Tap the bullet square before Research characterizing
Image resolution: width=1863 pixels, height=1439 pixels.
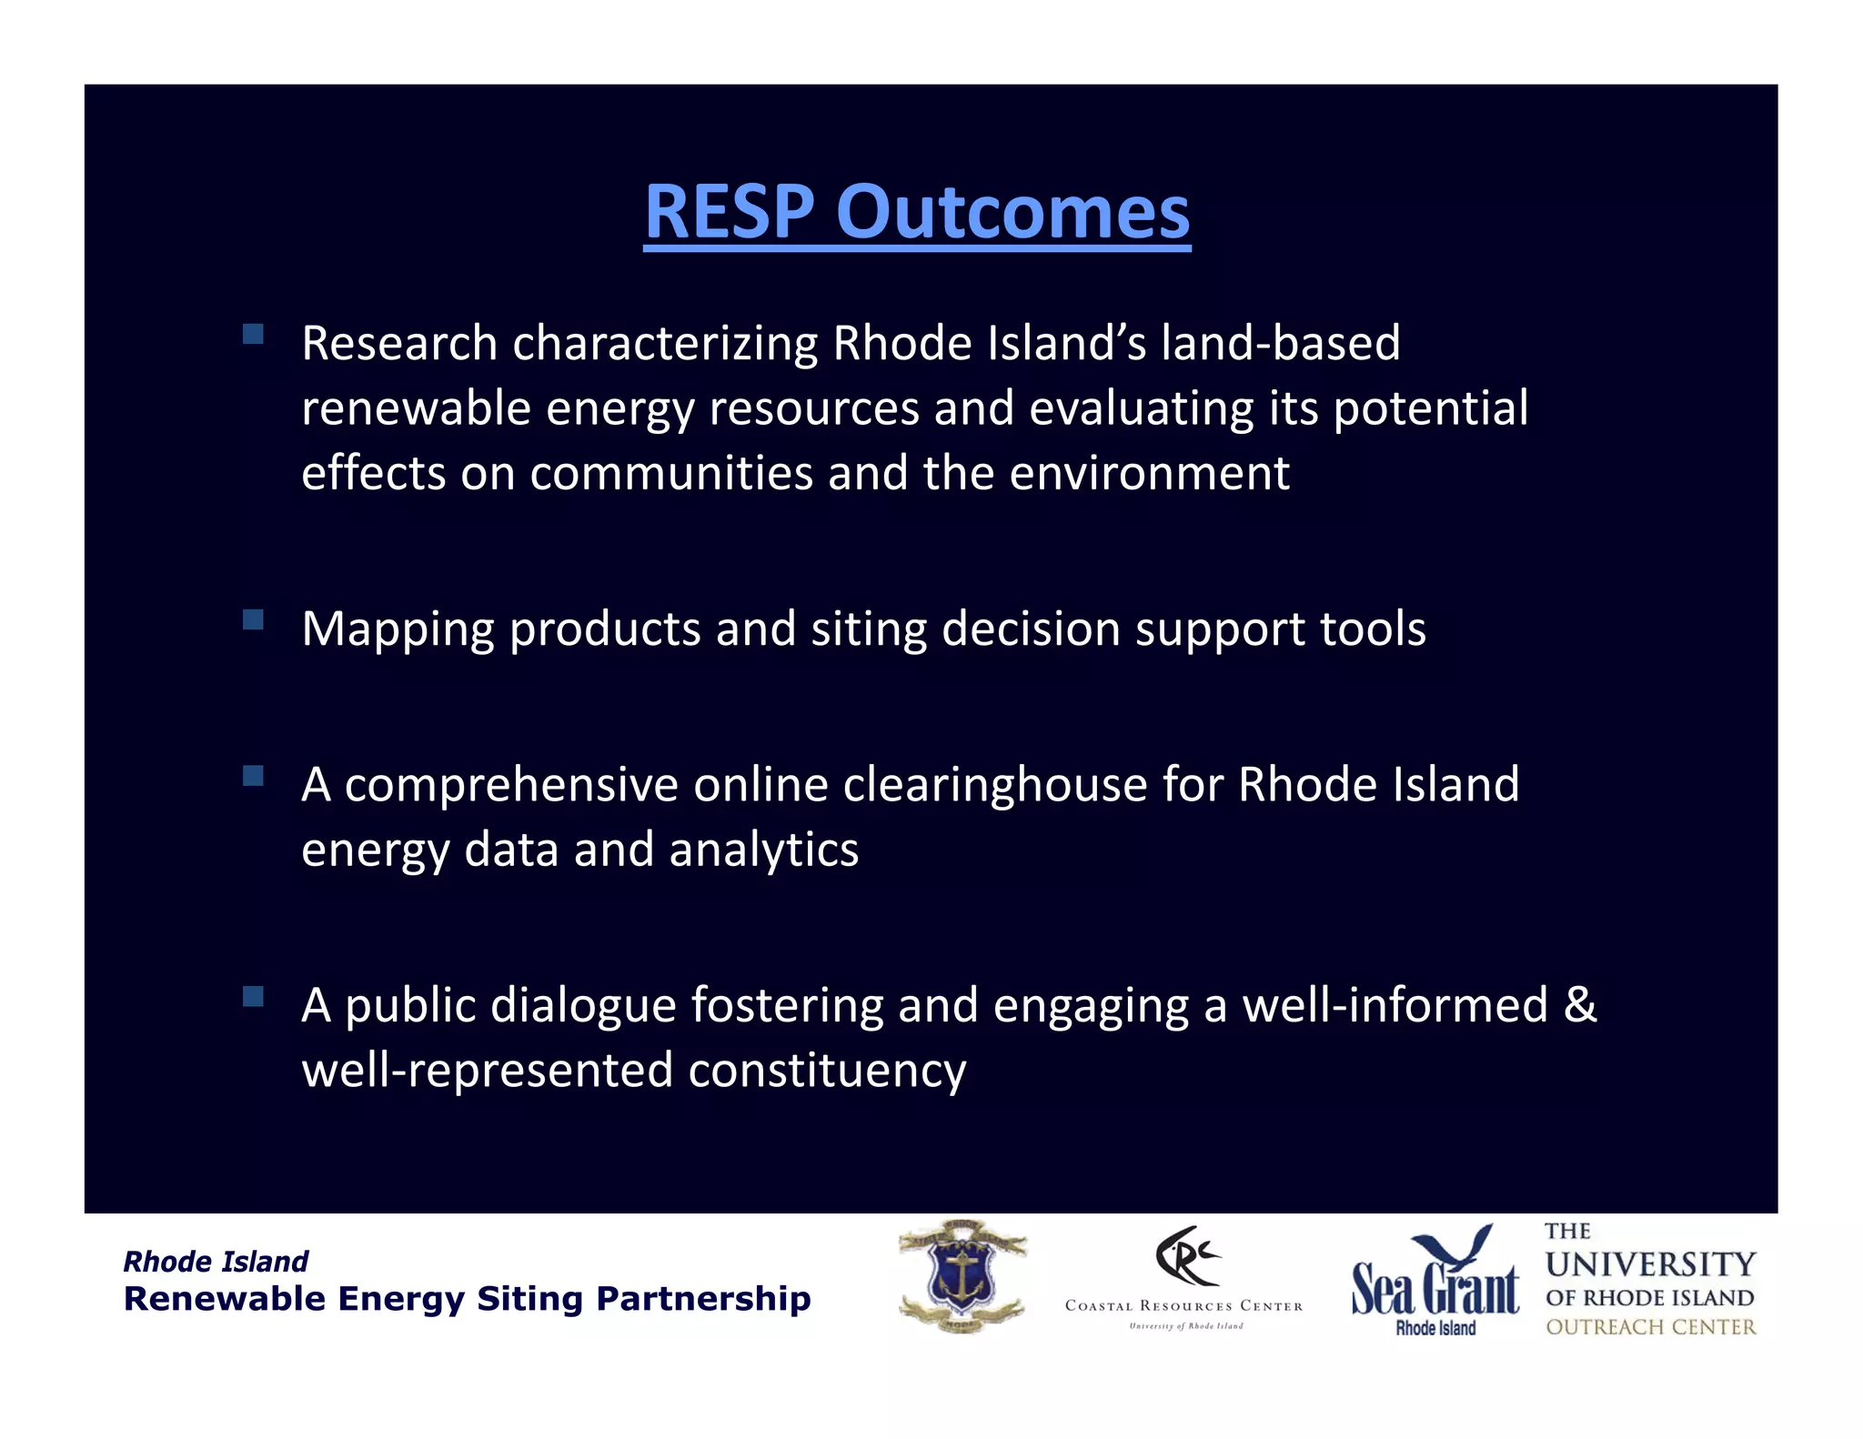click(x=253, y=334)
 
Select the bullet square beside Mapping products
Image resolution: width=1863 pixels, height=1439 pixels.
click(x=253, y=619)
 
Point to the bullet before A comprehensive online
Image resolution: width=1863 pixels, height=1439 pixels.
click(x=253, y=775)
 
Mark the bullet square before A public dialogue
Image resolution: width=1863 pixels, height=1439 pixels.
click(x=253, y=996)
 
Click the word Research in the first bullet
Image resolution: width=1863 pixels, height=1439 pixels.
click(x=399, y=344)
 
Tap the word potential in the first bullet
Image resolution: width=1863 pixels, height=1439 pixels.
click(x=1430, y=408)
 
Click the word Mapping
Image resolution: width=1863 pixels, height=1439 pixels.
click(x=398, y=630)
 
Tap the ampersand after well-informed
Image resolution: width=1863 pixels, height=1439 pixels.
click(x=1580, y=1005)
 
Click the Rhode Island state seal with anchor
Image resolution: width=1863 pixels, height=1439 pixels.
click(x=962, y=1277)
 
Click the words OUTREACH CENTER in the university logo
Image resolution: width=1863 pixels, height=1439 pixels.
click(x=1650, y=1327)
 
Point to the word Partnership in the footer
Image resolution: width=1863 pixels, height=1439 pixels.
click(x=703, y=1299)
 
